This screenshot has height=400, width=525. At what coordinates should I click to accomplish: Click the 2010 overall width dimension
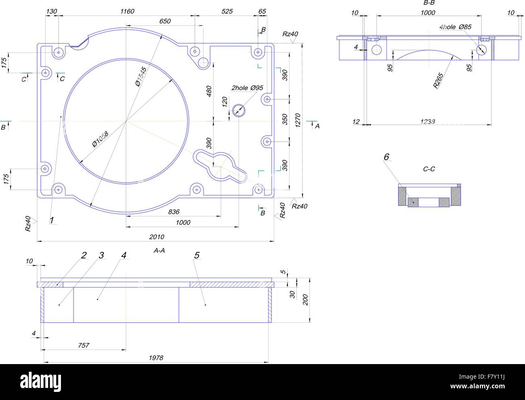[x=156, y=237]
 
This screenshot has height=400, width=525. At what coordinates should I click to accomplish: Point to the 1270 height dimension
[x=298, y=120]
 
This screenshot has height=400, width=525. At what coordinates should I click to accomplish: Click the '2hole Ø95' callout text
[x=247, y=88]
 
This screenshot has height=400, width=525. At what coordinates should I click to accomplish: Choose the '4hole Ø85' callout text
[x=456, y=27]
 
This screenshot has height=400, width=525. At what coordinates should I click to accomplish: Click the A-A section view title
[x=159, y=251]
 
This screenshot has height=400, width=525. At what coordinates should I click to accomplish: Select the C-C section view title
[x=429, y=169]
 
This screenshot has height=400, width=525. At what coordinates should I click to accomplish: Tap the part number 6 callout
[x=386, y=157]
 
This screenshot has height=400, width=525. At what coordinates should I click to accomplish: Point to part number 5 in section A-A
[x=197, y=255]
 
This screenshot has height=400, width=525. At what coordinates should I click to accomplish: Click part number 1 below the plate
[x=52, y=220]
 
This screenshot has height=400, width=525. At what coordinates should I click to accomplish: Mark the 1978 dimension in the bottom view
[x=156, y=358]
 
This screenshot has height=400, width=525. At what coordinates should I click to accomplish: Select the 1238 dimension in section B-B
[x=428, y=121]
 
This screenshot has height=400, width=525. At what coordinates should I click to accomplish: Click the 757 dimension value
[x=83, y=345]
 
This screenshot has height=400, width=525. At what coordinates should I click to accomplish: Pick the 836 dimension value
[x=173, y=212]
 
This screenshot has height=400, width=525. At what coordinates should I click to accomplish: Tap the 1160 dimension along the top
[x=127, y=11]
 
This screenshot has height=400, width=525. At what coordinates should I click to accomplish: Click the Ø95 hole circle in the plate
[x=239, y=109]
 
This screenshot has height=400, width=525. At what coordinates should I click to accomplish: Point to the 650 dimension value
[x=164, y=21]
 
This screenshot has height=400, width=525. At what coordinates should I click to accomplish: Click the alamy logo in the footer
[x=40, y=381]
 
